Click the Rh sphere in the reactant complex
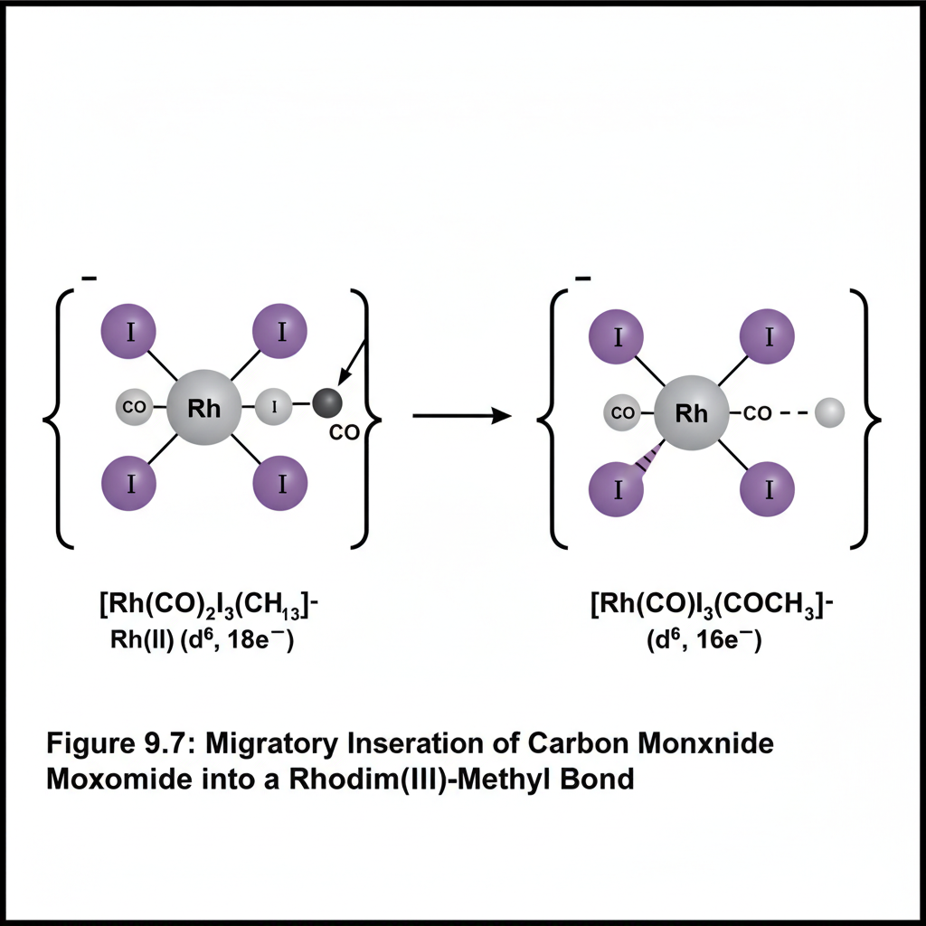coord(204,407)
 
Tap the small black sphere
coord(327,402)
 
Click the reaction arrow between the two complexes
coord(457,416)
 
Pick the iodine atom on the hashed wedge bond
coord(619,489)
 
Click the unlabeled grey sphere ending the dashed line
coord(829,414)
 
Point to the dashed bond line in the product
coord(793,414)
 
